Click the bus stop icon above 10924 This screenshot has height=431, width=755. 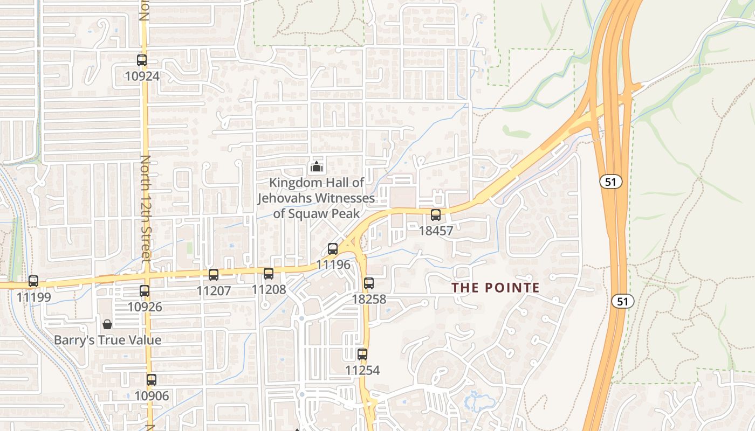click(x=142, y=60)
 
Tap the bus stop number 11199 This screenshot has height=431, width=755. click(x=33, y=297)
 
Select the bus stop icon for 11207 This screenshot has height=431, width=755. click(x=214, y=275)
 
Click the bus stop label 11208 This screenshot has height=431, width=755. click(x=269, y=289)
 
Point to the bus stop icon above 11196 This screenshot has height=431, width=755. click(x=333, y=249)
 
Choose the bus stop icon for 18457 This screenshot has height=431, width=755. click(x=436, y=215)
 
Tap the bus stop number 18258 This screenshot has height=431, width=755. click(x=369, y=299)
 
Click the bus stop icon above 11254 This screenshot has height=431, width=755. click(x=362, y=354)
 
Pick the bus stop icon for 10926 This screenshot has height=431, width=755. click(x=145, y=291)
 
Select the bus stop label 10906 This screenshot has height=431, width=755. click(x=152, y=396)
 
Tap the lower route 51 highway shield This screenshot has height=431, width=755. click(x=623, y=301)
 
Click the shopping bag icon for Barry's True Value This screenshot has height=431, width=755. click(x=107, y=324)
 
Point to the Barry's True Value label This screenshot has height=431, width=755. click(x=107, y=340)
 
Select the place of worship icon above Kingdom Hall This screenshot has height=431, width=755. click(x=316, y=167)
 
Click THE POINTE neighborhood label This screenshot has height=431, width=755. click(x=496, y=288)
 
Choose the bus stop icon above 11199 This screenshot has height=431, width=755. click(x=33, y=281)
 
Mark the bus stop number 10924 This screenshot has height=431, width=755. click(x=142, y=76)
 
